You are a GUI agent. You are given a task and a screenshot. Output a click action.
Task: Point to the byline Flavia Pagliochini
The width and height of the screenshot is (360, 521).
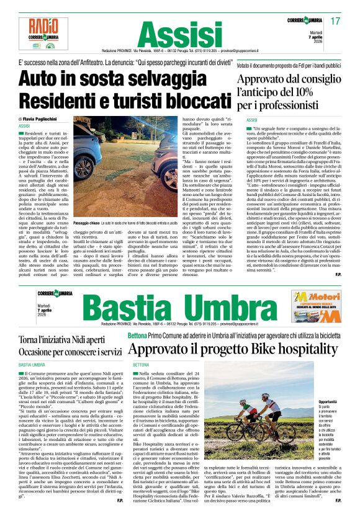coord(48,118)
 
